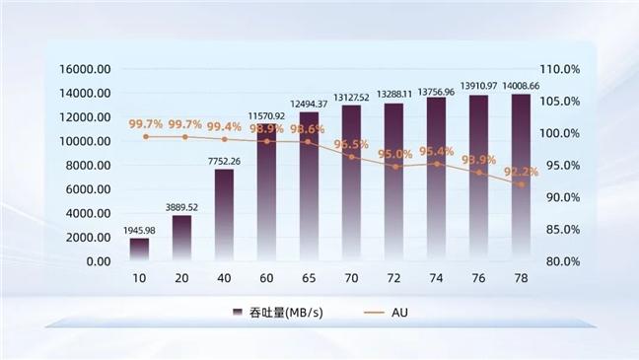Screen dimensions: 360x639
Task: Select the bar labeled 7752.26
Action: (224, 215)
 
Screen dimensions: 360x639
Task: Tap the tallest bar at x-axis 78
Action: (521, 178)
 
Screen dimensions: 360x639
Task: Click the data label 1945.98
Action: (139, 231)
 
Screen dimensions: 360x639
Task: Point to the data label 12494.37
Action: (309, 105)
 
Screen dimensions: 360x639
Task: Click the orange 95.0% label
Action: (394, 154)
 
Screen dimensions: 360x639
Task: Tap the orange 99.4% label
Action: (224, 126)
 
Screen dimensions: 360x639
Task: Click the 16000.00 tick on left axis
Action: (85, 70)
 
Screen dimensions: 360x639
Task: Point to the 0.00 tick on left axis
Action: (98, 261)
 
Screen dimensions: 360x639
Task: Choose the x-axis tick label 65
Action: (309, 279)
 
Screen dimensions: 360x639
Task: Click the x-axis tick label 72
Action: (393, 279)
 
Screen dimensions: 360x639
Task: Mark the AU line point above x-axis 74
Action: (436, 163)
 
